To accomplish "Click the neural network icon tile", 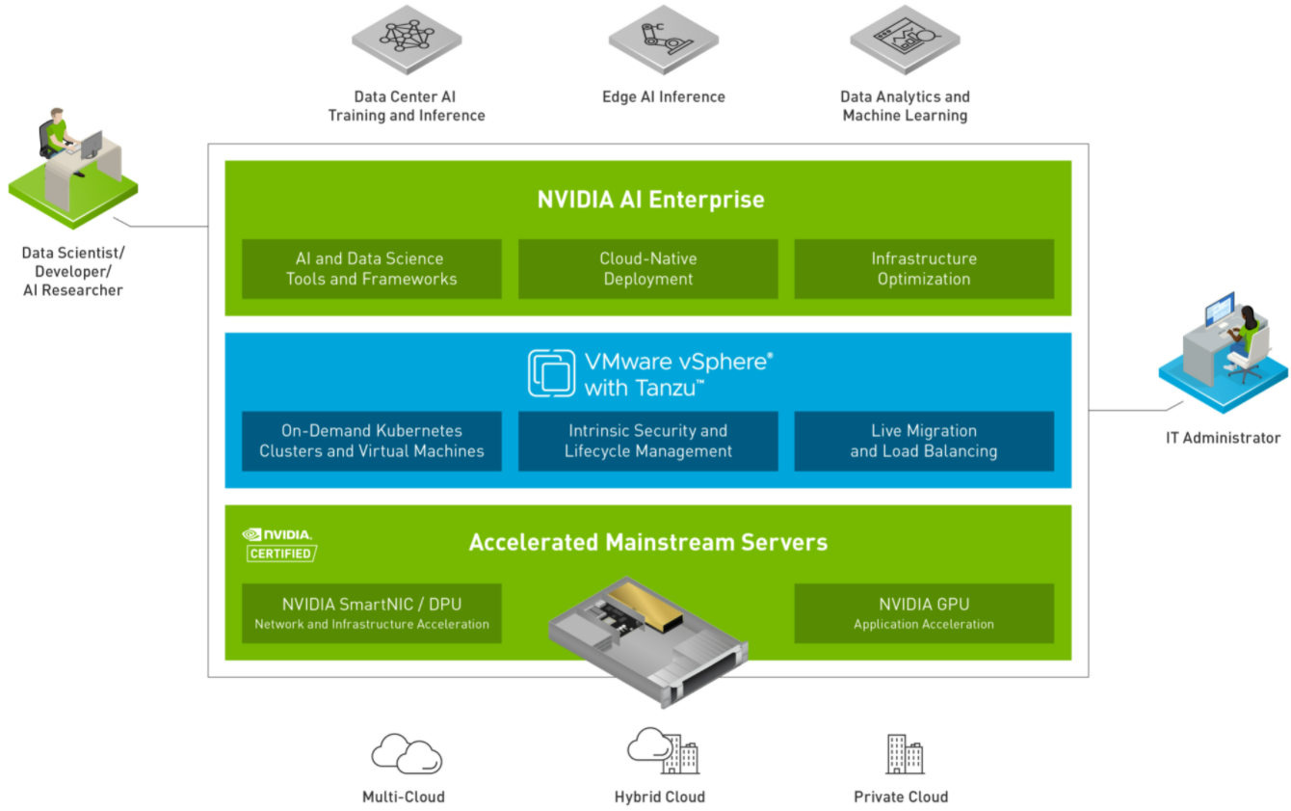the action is click(x=407, y=40).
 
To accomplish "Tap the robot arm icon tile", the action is click(x=664, y=40).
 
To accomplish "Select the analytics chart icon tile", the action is click(x=905, y=40).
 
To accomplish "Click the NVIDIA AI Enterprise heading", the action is click(x=650, y=200).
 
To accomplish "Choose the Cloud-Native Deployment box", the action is click(x=647, y=269).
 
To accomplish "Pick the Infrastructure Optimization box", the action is click(x=924, y=269).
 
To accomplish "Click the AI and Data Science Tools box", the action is click(x=372, y=269).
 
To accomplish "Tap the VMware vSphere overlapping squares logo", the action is click(x=551, y=373).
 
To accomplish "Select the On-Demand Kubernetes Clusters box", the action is click(x=372, y=442).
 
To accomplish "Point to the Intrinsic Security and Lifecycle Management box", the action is click(x=647, y=442).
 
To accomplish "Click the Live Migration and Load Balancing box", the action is click(x=924, y=442).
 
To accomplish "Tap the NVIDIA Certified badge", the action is click(x=279, y=545).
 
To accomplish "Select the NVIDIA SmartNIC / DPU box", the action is click(x=372, y=613).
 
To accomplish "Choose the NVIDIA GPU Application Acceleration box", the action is click(x=924, y=613).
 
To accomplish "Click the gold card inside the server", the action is click(x=646, y=605).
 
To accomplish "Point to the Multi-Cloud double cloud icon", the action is click(x=407, y=753).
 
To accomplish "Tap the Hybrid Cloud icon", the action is click(x=664, y=750).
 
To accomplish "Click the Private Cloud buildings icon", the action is click(x=906, y=754).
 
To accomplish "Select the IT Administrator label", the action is click(x=1223, y=438).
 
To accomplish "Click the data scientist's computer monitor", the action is click(x=92, y=145).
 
